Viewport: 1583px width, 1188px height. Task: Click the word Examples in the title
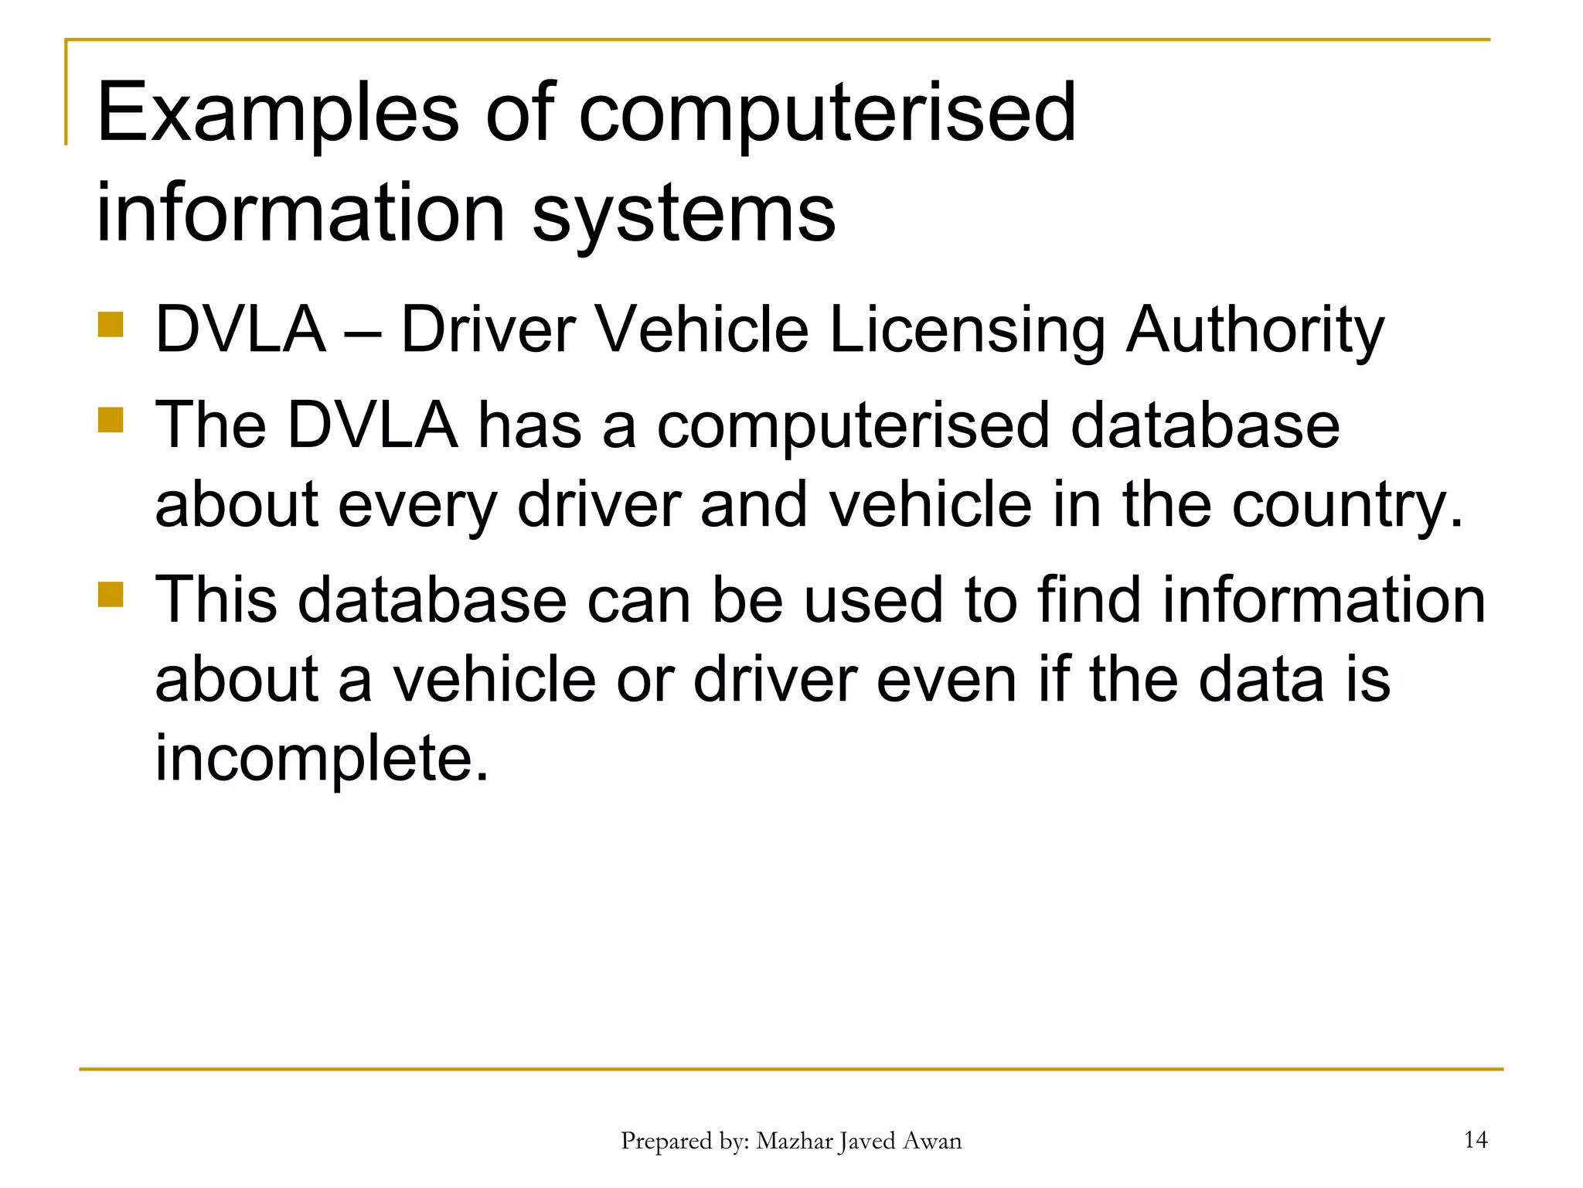point(277,114)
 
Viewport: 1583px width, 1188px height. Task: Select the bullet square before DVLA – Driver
point(111,325)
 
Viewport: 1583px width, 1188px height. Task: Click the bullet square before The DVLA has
point(111,420)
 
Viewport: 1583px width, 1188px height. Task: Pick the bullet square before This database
point(111,595)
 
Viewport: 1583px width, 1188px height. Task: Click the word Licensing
point(968,331)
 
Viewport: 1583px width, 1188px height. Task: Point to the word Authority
point(1254,331)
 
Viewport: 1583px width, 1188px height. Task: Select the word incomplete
point(322,758)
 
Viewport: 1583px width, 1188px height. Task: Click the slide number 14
point(1476,1139)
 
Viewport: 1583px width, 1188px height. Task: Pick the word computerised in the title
point(826,114)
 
